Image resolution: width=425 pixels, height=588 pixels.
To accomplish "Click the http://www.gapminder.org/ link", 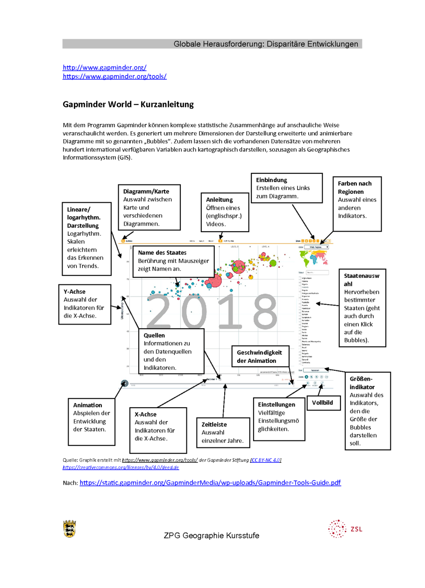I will tap(105, 67).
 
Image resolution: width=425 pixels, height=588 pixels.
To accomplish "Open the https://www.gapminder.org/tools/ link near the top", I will tap(114, 76).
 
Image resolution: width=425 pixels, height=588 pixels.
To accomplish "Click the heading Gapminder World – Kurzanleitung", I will tap(128, 105).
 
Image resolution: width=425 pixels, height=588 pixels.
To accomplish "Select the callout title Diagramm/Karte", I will tap(146, 191).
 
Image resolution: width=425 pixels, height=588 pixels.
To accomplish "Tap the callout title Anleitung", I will tap(219, 199).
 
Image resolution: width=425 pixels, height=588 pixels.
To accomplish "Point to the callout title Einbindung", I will tap(271, 180).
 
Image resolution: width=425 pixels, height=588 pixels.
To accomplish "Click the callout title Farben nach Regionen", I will tap(354, 187).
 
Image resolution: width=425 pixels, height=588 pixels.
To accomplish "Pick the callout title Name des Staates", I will tap(162, 253).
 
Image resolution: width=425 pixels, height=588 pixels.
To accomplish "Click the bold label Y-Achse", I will tap(75, 291).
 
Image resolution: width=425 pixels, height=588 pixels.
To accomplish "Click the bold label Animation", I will tap(87, 405).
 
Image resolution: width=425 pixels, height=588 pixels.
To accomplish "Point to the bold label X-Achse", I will tap(145, 414).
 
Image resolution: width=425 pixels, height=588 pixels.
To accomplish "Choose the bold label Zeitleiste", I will tap(214, 425).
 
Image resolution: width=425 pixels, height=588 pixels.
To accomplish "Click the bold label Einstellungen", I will tap(276, 404).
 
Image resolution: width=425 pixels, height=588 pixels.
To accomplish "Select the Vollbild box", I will tap(323, 402).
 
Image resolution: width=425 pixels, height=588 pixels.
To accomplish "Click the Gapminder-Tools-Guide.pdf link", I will tap(210, 482).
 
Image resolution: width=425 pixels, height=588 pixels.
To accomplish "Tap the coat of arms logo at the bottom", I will tap(69, 528).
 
